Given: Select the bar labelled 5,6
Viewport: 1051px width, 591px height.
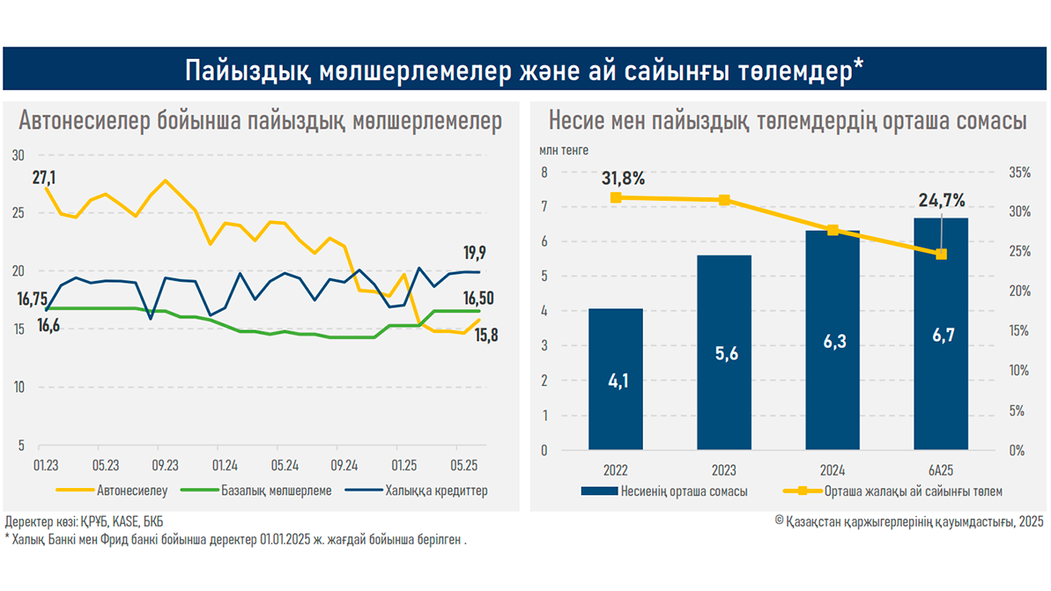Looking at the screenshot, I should click(724, 352).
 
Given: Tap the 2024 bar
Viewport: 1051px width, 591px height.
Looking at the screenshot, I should click(833, 340).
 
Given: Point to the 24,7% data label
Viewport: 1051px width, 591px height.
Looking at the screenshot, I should click(942, 199).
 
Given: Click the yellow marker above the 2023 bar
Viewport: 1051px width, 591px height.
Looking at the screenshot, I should click(724, 201).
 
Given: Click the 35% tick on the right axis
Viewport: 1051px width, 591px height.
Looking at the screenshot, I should click(1019, 173).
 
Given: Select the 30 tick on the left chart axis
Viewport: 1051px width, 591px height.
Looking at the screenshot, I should click(19, 155).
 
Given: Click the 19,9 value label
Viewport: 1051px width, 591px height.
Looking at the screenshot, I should click(475, 254).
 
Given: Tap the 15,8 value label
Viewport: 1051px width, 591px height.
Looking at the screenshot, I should click(486, 335).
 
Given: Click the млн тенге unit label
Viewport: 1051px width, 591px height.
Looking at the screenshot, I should click(565, 151).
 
